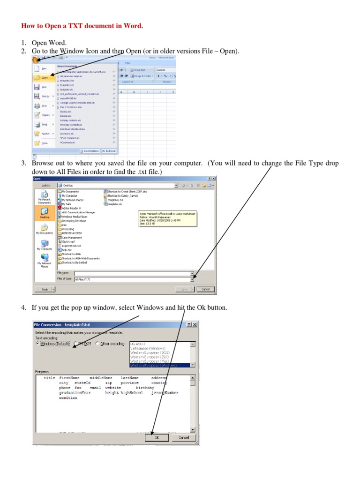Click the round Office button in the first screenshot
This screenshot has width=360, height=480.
[36, 59]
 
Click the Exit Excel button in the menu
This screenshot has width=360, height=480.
[108, 151]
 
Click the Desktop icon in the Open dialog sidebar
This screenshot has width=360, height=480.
[45, 213]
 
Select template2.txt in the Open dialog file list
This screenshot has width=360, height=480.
[114, 200]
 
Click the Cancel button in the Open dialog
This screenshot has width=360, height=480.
[204, 289]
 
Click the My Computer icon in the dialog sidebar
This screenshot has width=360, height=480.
[45, 245]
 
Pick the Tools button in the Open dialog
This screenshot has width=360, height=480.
[45, 289]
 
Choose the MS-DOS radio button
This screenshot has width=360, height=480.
[76, 343]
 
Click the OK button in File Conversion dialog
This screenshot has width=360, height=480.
[157, 437]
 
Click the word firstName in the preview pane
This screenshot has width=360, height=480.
[69, 378]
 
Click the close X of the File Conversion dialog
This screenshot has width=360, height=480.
[195, 324]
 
